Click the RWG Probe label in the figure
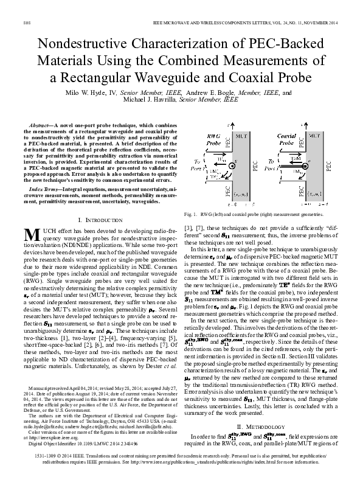pos(214,140)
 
